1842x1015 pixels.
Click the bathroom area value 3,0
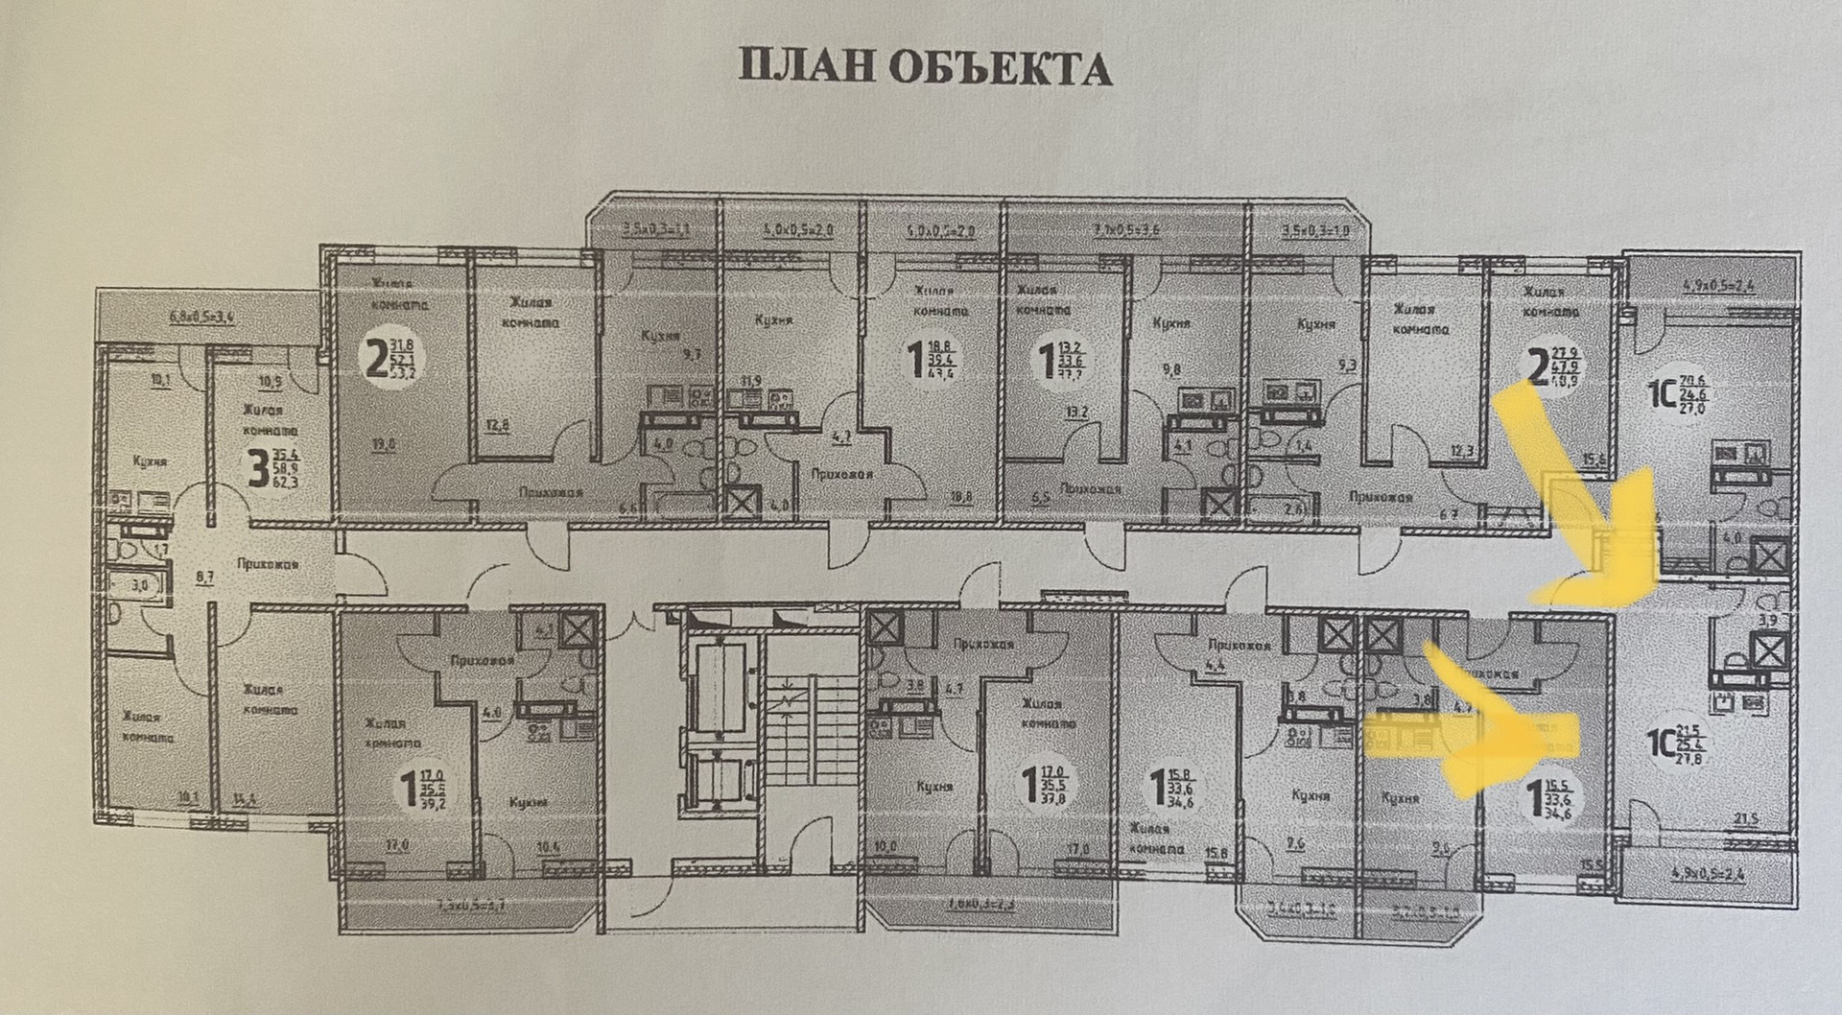(141, 584)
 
